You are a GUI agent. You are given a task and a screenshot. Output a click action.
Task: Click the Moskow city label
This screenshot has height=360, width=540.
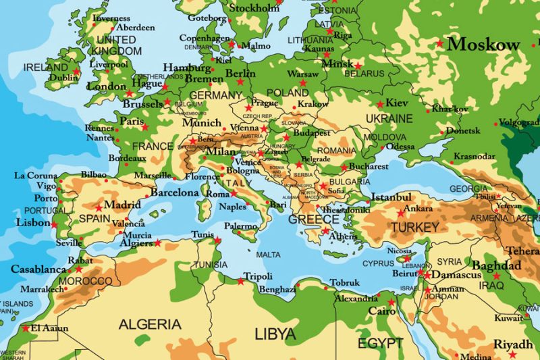(x=484, y=45)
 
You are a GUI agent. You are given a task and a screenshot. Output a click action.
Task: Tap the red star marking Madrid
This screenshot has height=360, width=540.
(x=99, y=207)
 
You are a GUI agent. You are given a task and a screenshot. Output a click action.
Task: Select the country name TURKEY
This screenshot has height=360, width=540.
(x=414, y=227)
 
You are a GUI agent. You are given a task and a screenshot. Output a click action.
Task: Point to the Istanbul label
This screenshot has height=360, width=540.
(x=391, y=197)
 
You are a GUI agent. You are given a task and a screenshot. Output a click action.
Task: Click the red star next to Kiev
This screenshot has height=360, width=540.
(x=380, y=104)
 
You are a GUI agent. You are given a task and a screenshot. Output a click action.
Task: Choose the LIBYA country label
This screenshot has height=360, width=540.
(x=275, y=334)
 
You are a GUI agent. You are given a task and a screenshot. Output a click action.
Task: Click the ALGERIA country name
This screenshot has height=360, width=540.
(x=151, y=324)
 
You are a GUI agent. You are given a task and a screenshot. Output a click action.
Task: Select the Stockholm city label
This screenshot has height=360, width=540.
(x=254, y=8)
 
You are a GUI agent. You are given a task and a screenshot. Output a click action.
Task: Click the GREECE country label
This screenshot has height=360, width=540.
(x=313, y=220)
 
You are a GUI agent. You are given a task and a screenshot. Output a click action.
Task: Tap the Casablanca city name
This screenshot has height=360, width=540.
(x=38, y=269)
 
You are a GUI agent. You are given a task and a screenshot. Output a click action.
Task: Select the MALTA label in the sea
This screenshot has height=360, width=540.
(x=267, y=255)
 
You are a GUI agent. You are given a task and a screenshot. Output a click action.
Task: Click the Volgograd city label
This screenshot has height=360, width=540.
(x=520, y=123)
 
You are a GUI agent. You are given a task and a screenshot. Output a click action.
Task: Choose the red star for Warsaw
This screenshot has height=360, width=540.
(x=302, y=82)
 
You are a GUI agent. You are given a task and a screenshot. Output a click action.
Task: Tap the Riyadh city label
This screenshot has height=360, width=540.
(x=513, y=344)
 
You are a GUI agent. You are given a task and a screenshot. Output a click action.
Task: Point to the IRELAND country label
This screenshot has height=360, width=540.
(x=45, y=68)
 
